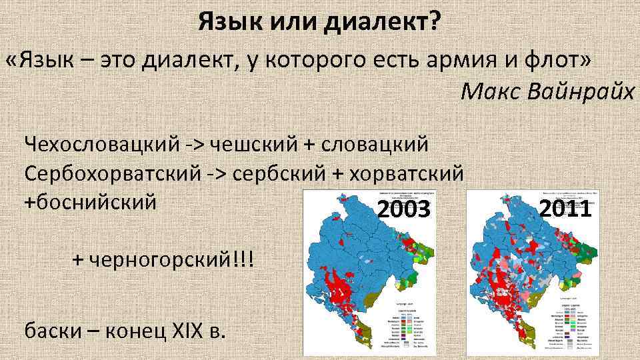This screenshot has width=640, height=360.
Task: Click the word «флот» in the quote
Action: click(557, 62)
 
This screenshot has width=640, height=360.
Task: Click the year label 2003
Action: click(404, 210)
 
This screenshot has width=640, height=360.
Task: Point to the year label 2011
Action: click(566, 209)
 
